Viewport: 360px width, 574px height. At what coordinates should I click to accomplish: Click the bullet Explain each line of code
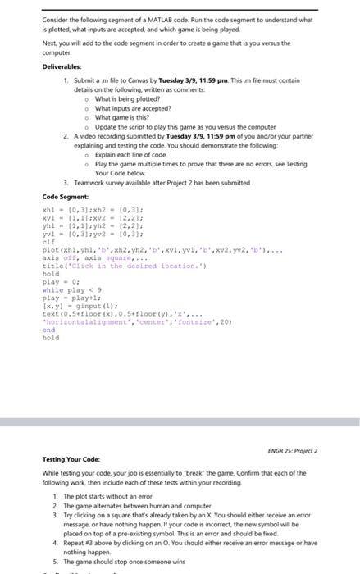click(130, 154)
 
